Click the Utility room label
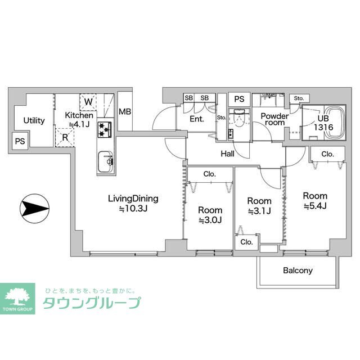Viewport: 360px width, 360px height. [x=34, y=120]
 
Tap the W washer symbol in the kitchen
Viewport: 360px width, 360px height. [x=88, y=102]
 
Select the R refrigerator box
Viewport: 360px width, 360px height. [x=65, y=137]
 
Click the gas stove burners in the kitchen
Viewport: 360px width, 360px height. [x=105, y=130]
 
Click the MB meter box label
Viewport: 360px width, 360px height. [x=125, y=112]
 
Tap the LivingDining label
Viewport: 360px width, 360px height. [x=133, y=199]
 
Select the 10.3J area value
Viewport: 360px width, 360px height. [x=133, y=209]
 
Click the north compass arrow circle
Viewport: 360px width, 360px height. [x=35, y=209]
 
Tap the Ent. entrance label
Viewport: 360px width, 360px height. [x=197, y=119]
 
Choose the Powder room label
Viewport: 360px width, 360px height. [x=274, y=119]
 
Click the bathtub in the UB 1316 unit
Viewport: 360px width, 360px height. [x=335, y=123]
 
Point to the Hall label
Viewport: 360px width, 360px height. [x=227, y=154]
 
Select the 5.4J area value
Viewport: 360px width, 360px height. [x=315, y=206]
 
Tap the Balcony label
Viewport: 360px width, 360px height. [x=298, y=271]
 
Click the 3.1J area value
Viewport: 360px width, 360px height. [x=259, y=211]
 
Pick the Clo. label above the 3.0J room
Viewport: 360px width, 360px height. [x=210, y=174]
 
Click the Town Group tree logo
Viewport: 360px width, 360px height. [x=17, y=299]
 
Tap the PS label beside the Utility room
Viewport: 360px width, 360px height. [x=20, y=141]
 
